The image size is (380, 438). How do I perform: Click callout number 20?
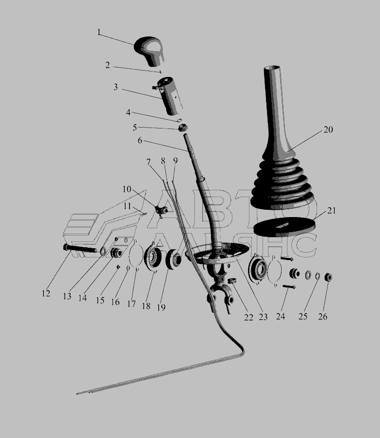[x=328, y=129]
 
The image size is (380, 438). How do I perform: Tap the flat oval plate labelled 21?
[x=284, y=226]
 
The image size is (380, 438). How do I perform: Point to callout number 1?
[x=99, y=33]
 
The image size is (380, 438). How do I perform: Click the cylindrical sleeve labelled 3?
[x=170, y=96]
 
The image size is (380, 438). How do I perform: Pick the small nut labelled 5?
[x=183, y=128]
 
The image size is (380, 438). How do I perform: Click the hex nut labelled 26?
[x=328, y=277]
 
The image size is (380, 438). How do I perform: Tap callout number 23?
[x=263, y=317]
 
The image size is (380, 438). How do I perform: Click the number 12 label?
[x=46, y=293]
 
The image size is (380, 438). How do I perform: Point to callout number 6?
[x=140, y=140]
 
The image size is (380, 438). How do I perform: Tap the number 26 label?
[x=323, y=316]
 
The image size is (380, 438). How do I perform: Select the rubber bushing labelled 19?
[x=173, y=259]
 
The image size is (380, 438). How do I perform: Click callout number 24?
[x=281, y=316]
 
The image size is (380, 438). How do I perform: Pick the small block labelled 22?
[x=232, y=280]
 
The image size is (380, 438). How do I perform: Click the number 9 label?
[x=175, y=161]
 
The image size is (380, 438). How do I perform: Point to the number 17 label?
[x=132, y=304]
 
